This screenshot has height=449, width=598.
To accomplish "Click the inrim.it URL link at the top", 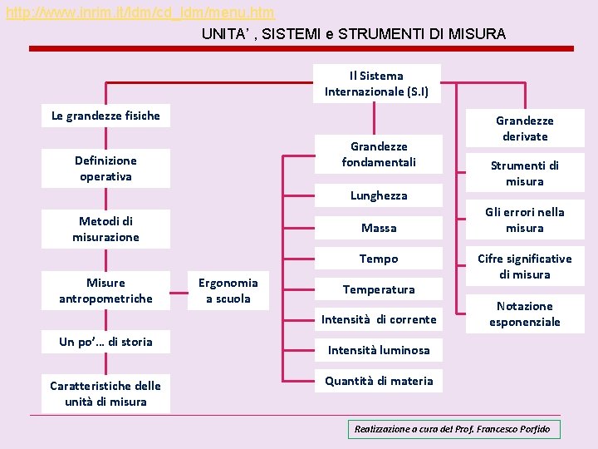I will [x=140, y=13].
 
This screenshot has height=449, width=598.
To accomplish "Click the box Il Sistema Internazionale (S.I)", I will [x=377, y=83].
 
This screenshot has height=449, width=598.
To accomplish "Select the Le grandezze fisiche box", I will [x=105, y=116].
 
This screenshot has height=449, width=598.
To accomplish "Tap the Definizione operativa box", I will [x=105, y=168].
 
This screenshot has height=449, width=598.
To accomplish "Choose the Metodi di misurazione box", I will [x=105, y=229].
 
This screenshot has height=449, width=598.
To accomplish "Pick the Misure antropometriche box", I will [x=105, y=291].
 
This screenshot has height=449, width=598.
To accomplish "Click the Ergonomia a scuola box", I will [x=228, y=290].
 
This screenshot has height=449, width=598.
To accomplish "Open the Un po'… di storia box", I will [x=105, y=342].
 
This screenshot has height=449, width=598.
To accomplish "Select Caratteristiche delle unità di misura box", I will [x=105, y=393].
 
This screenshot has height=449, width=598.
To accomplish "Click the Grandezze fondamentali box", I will [x=379, y=154].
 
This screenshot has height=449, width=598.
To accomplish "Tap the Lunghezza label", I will [x=379, y=195].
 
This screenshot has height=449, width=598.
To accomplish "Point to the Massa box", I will [x=379, y=228].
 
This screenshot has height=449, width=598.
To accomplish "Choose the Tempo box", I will [x=379, y=259].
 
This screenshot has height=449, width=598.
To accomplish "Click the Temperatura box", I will [x=379, y=289].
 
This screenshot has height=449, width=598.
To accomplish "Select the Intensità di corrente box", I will [x=379, y=319].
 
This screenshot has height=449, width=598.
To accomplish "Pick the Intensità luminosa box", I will [x=379, y=350].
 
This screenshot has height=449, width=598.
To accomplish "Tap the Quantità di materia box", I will [x=379, y=381].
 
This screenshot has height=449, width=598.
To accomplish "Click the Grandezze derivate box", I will [x=525, y=128].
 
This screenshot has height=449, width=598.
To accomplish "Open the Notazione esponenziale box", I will [x=525, y=313].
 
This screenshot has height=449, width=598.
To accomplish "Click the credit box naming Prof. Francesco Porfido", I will [x=453, y=429].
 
